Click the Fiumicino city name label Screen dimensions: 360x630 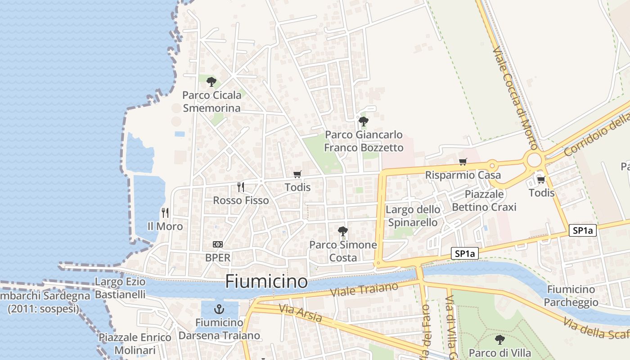point(266,282)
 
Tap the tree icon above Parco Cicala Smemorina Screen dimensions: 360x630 point(211,82)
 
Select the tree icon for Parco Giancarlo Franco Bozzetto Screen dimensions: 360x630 point(363,121)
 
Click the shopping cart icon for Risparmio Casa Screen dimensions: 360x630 point(463,162)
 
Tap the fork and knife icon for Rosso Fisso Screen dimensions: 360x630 point(241,187)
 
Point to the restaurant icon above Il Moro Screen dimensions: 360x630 point(165,212)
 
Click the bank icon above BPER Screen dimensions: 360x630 point(218,244)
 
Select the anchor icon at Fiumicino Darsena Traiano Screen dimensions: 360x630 point(219,309)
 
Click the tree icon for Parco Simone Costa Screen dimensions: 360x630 point(343,231)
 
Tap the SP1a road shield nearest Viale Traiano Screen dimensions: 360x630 point(465,254)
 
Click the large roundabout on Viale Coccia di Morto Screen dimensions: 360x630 point(534,159)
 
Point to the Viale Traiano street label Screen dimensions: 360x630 point(364,289)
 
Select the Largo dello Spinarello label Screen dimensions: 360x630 point(413,216)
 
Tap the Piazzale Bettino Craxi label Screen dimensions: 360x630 point(484,200)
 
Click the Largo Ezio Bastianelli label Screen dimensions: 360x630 point(120,288)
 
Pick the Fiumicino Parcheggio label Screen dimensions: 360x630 point(571,296)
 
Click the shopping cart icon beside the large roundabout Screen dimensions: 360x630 point(541,180)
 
